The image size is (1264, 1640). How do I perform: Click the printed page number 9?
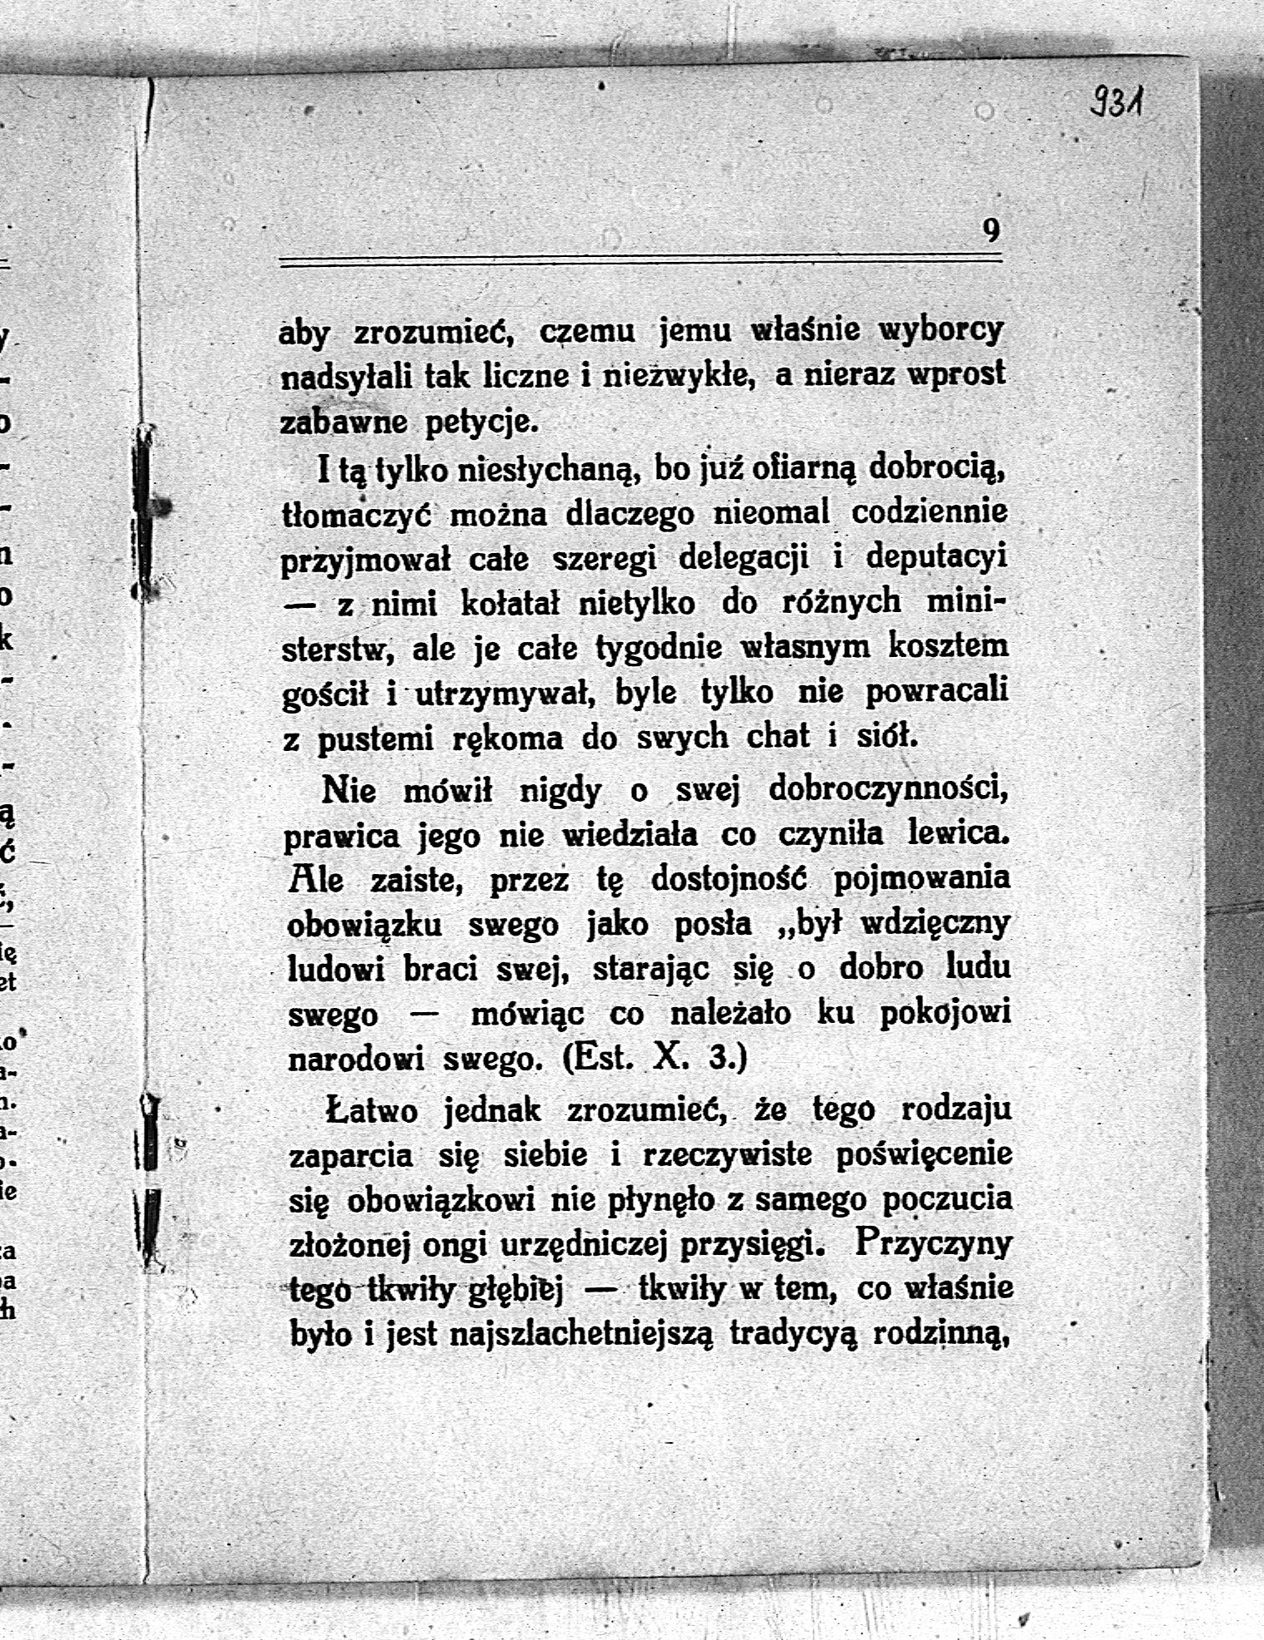(990, 230)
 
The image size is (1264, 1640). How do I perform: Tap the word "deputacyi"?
(936, 556)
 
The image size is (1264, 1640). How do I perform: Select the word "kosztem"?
(948, 646)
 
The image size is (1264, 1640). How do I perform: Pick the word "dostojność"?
(731, 879)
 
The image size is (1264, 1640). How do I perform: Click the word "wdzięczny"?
(936, 924)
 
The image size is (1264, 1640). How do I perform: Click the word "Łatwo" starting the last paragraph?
(371, 1110)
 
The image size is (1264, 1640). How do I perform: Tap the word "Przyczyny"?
(933, 1243)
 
